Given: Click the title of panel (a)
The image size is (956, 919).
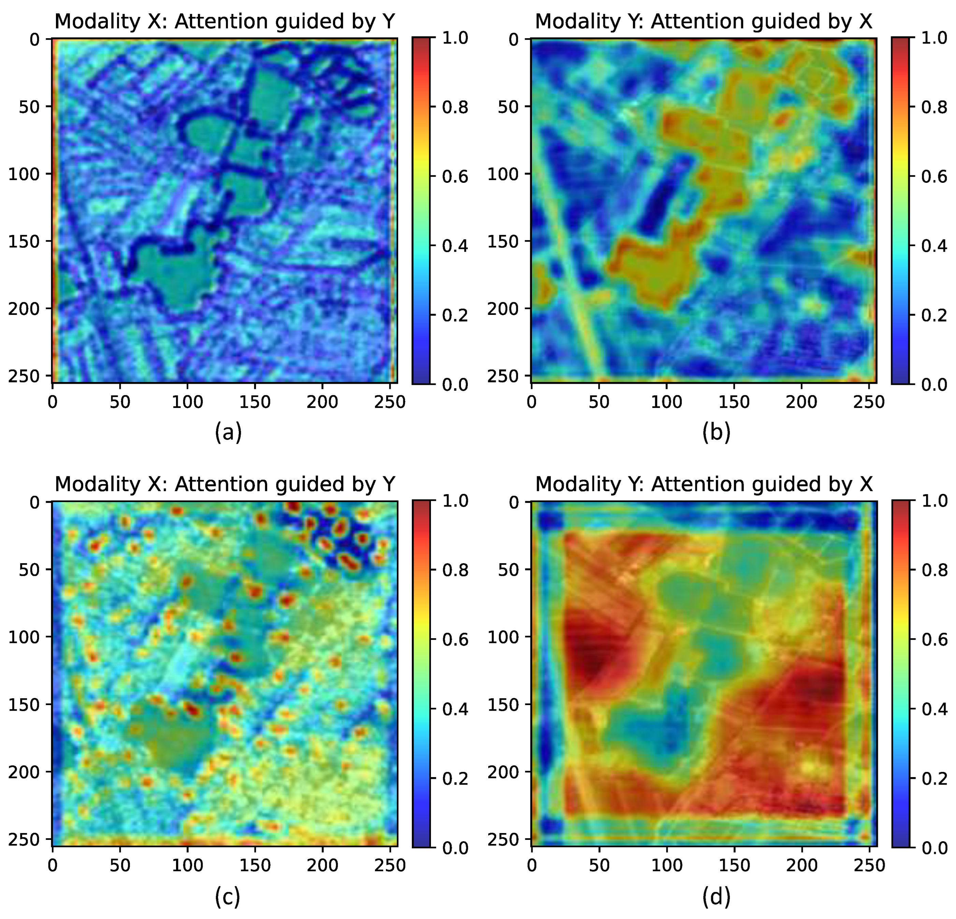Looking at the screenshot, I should [224, 21].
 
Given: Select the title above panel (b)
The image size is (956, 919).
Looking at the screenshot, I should [703, 21].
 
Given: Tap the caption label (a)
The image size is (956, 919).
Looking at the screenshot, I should [228, 432].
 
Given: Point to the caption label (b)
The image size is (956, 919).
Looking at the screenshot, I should [716, 432].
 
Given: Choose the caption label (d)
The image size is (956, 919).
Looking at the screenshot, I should [716, 895].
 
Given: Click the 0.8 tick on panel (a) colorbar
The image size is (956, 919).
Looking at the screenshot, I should [454, 108].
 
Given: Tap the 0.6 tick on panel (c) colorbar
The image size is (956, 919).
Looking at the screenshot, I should [454, 640].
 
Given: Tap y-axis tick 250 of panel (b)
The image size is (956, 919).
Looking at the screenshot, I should [503, 376].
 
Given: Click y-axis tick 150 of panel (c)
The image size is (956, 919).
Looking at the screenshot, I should [24, 704].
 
